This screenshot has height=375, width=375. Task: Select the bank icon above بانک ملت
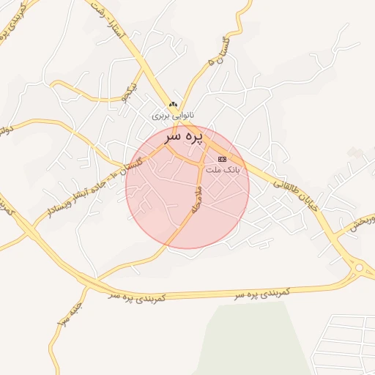pos(222,159)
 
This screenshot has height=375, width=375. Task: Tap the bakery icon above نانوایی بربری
pos(173,105)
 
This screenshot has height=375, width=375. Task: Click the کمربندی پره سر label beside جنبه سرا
pos(138,297)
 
